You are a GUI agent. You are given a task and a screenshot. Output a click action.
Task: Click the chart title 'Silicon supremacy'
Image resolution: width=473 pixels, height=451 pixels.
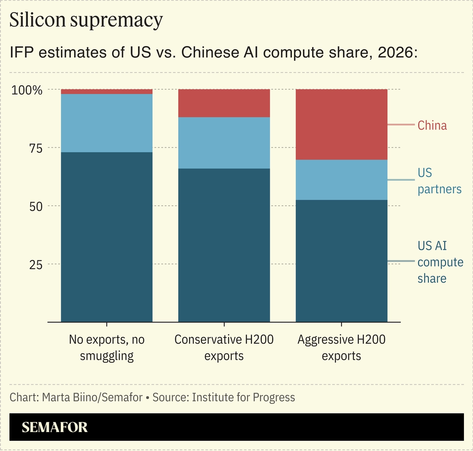click(x=86, y=20)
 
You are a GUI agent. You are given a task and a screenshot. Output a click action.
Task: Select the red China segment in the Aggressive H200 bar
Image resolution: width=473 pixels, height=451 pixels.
click(x=341, y=124)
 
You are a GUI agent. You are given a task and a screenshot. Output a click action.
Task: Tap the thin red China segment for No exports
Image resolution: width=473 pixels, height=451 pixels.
click(x=107, y=92)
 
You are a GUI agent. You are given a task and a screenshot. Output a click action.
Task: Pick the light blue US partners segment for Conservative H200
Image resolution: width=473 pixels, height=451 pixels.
click(x=224, y=143)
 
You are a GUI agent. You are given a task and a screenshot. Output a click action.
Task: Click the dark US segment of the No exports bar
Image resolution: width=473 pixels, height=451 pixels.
click(x=107, y=237)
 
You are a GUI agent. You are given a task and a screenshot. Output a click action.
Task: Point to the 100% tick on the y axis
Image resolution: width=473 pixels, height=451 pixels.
click(x=27, y=90)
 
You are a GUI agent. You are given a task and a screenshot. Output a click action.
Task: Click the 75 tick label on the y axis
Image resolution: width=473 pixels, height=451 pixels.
click(x=36, y=148)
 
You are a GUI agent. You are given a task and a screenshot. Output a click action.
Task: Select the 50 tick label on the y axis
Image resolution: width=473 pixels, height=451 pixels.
click(x=36, y=206)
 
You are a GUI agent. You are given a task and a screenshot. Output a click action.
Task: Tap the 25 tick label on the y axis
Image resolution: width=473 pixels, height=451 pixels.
click(x=36, y=265)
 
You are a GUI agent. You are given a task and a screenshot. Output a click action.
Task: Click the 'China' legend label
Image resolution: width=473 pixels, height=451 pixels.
click(x=432, y=125)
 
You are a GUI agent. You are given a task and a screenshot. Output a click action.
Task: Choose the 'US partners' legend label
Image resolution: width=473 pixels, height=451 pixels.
click(x=439, y=181)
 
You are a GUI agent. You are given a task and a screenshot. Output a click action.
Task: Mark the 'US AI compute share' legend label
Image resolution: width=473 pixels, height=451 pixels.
click(x=440, y=262)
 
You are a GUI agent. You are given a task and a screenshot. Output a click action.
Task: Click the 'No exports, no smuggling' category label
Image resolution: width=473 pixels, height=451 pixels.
click(x=107, y=347)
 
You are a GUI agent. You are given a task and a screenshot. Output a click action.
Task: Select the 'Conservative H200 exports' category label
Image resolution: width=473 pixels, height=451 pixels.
click(x=224, y=347)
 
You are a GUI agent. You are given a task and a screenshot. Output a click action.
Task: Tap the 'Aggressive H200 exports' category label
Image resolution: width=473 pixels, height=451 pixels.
click(x=341, y=347)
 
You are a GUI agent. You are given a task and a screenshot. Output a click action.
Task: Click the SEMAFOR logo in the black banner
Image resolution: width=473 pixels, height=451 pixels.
click(x=55, y=427)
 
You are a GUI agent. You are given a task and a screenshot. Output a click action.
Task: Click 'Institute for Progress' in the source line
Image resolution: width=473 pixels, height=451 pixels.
click(x=243, y=397)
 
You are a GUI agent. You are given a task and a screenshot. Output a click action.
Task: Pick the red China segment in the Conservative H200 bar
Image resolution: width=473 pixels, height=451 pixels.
click(x=224, y=103)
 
